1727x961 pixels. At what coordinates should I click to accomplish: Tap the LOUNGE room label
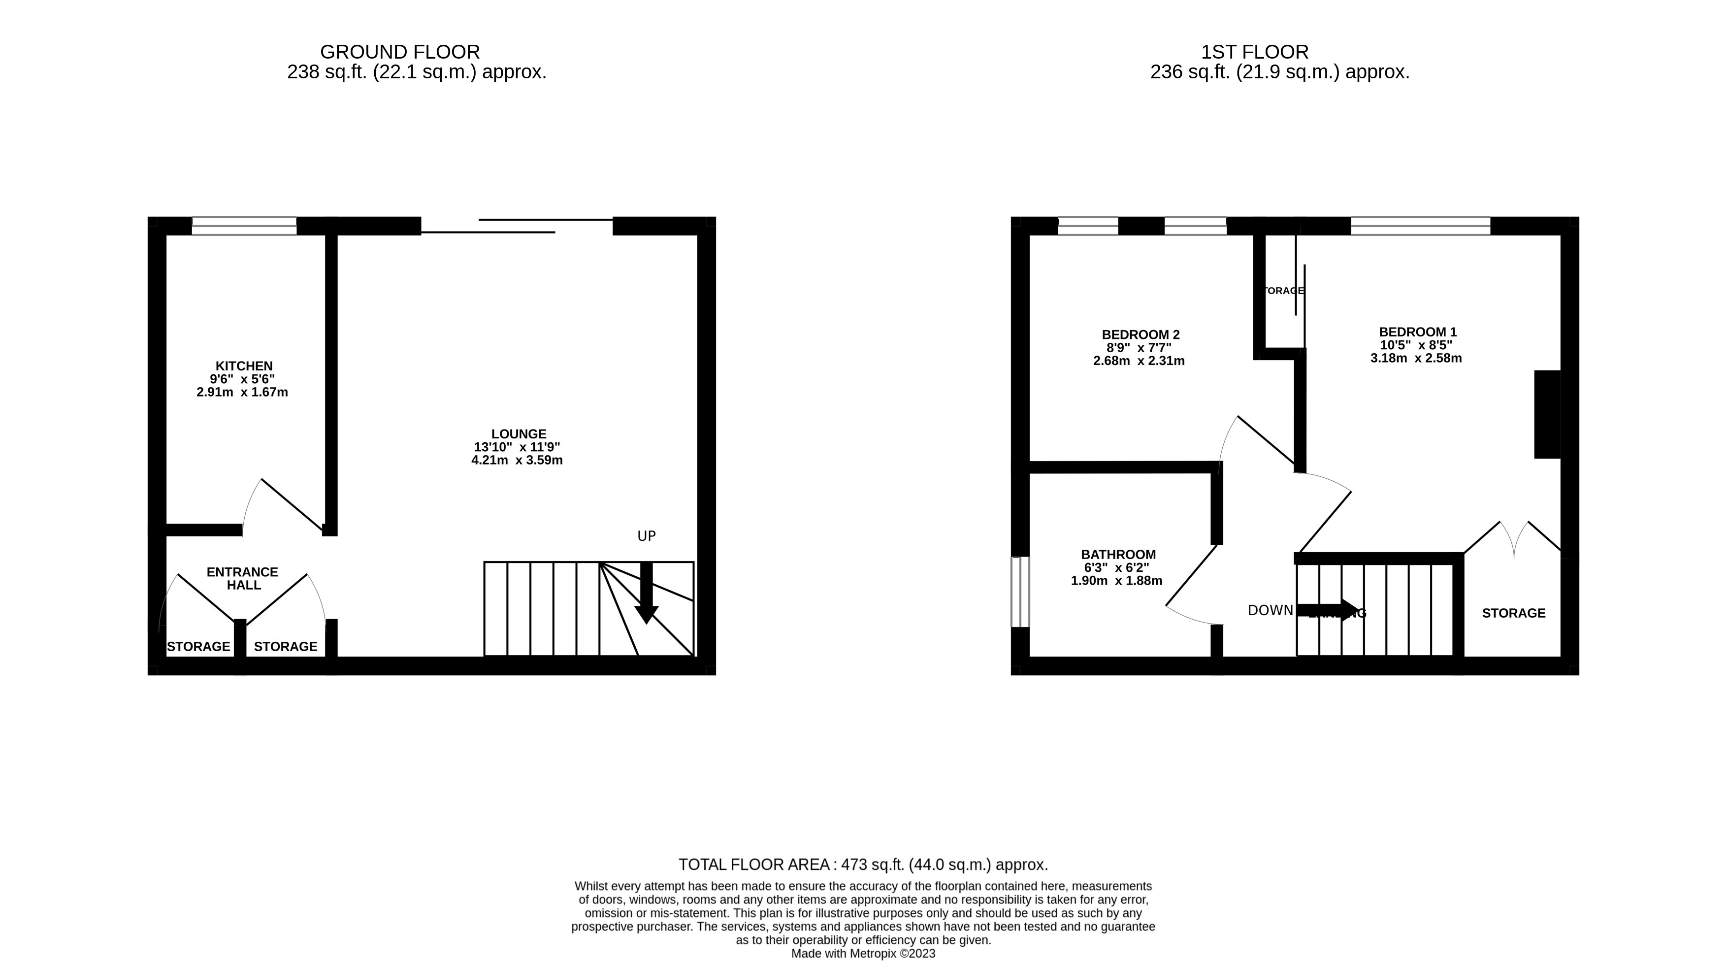pyautogui.click(x=518, y=434)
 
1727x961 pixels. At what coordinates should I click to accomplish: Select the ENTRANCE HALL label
pyautogui.click(x=243, y=578)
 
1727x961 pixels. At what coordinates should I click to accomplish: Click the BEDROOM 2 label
pyautogui.click(x=1140, y=334)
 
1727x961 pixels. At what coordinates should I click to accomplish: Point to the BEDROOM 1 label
pyautogui.click(x=1417, y=332)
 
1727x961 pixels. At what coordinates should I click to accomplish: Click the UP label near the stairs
pyautogui.click(x=646, y=536)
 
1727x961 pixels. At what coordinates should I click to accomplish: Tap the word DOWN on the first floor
pyautogui.click(x=1270, y=610)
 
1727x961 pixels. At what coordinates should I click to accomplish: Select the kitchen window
pyautogui.click(x=244, y=226)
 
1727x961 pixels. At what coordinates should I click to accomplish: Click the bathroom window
pyautogui.click(x=1020, y=592)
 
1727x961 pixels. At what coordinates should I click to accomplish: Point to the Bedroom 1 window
pyautogui.click(x=1420, y=226)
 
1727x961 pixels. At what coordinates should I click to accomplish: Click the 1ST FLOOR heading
pyautogui.click(x=1254, y=52)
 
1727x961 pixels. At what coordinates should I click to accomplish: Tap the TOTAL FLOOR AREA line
pyautogui.click(x=863, y=864)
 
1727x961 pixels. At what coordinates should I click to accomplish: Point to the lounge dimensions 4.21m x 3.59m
pyautogui.click(x=517, y=460)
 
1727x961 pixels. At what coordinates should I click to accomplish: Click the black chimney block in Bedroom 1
pyautogui.click(x=1547, y=414)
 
